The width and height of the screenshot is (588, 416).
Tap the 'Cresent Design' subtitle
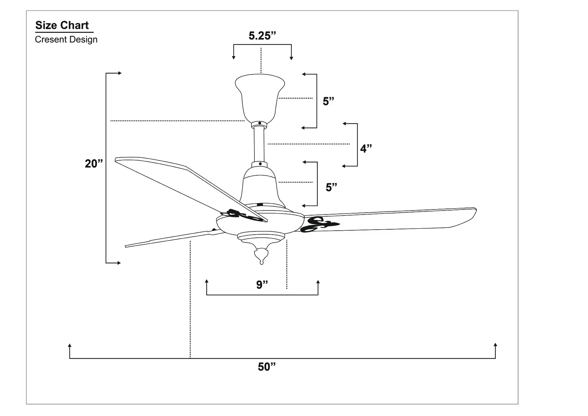[x=66, y=40]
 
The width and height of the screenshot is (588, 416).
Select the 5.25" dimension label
[x=262, y=36]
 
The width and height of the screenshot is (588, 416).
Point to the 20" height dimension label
[x=94, y=164]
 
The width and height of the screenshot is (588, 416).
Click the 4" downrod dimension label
[x=366, y=148]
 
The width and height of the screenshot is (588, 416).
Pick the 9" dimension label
[x=262, y=285]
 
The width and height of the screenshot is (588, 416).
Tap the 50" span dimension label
[x=267, y=367]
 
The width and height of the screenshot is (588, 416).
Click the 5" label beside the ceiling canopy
[x=328, y=101]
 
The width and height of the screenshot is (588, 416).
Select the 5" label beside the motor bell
[x=331, y=187]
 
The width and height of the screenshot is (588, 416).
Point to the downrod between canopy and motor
[x=259, y=144]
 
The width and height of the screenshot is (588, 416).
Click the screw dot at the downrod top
[x=259, y=123]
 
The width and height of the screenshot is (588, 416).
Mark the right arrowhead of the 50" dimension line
[x=495, y=345]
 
